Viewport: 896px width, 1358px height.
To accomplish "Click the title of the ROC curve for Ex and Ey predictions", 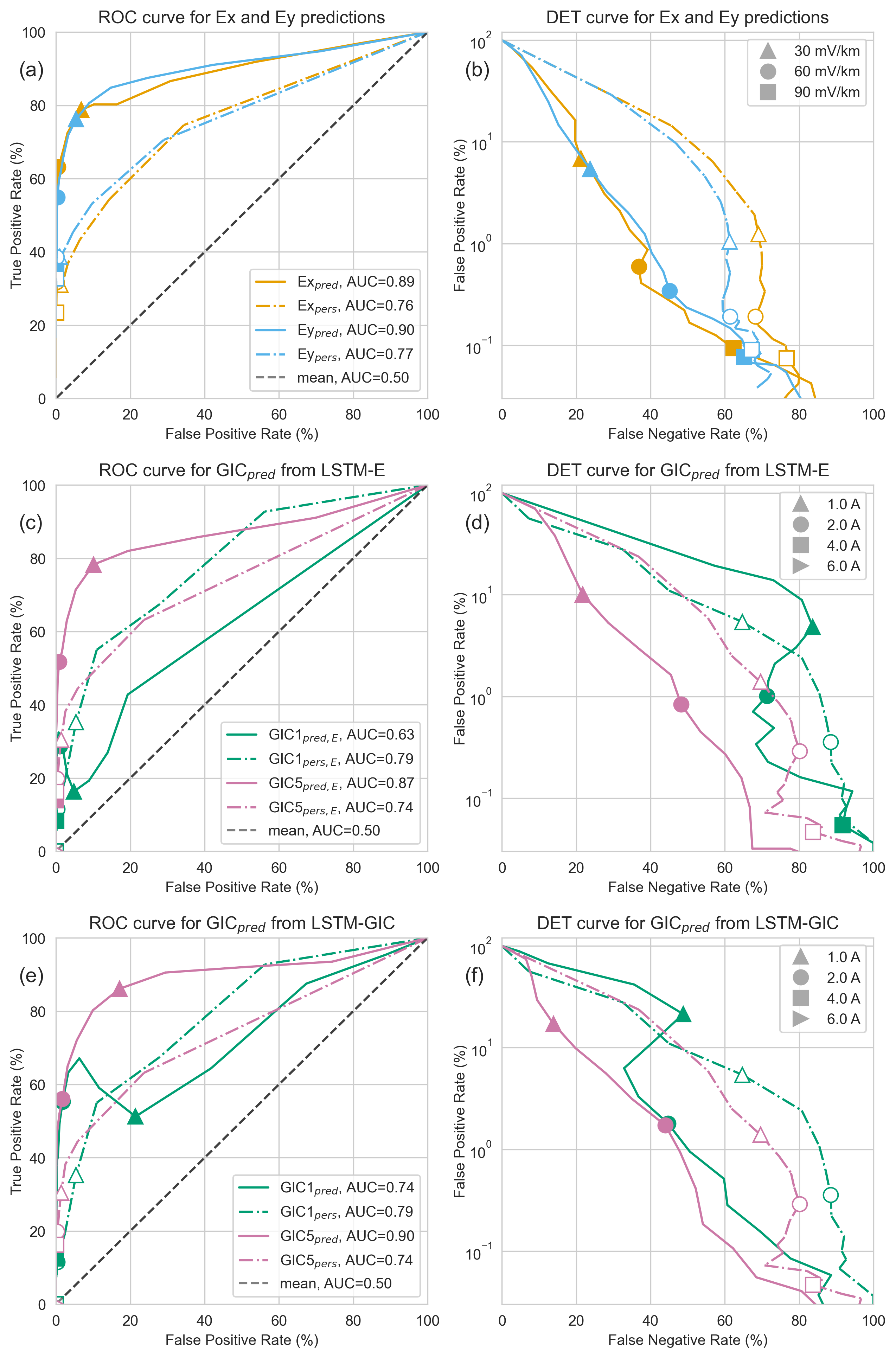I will tap(241, 18).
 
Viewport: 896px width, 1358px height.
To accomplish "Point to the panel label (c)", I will tap(31, 523).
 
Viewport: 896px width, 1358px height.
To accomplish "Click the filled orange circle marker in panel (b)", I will tap(639, 267).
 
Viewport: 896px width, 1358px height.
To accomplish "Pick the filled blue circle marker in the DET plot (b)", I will tap(670, 291).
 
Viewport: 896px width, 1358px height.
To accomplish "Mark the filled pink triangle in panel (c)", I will tap(94, 565).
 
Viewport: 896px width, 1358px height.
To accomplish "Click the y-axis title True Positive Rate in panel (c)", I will tap(16, 668).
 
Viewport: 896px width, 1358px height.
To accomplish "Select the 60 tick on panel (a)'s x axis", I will tap(279, 415).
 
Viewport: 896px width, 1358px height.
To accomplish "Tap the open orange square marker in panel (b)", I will tap(786, 359).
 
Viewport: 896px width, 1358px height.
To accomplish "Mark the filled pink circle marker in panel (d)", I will tap(680, 704).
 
